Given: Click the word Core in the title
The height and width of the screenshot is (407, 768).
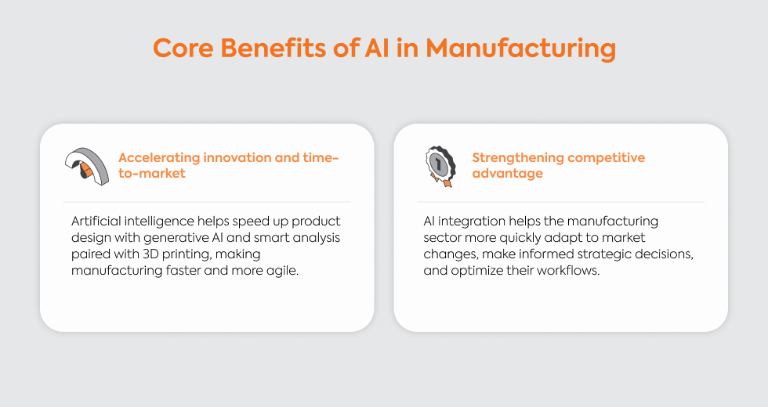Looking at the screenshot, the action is coord(183,48).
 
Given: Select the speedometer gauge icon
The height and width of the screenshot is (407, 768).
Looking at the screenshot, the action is coord(87,166).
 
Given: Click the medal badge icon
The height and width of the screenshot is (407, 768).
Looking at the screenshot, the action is coord(440,166).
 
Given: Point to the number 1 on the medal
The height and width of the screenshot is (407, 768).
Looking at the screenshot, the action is coord(438,164).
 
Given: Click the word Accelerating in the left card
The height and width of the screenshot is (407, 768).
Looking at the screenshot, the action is coord(159,158).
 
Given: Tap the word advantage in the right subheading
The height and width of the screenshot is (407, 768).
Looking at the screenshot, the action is coord(508,174).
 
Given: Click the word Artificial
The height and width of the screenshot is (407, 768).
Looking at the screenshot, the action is coord(96,221).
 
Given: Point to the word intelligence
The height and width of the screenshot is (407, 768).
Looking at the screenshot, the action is coord(158,222).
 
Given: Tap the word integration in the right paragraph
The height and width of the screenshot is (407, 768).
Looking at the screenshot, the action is coord(471,222).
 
